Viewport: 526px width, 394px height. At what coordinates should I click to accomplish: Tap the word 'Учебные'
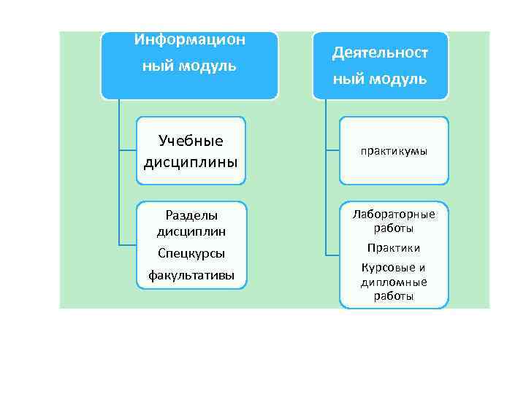(x=191, y=141)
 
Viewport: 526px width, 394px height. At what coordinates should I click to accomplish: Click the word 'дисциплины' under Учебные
(x=191, y=161)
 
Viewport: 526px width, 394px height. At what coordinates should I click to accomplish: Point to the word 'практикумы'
(x=394, y=151)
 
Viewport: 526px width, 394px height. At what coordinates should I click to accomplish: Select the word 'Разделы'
(x=191, y=215)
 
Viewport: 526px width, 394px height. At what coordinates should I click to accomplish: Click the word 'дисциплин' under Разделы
(x=191, y=232)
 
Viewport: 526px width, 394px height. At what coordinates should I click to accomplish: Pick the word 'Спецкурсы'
(x=191, y=253)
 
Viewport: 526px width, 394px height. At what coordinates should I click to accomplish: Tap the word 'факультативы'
(x=191, y=275)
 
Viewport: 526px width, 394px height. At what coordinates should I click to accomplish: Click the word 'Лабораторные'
(x=394, y=215)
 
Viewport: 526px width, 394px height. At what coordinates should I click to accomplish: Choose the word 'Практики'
(x=394, y=248)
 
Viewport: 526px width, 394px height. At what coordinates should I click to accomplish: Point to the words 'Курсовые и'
(x=394, y=268)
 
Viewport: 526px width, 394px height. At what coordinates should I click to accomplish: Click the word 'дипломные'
(x=394, y=282)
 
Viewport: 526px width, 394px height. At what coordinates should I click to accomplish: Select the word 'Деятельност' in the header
(x=380, y=53)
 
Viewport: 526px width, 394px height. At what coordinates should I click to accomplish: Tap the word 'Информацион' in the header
(x=190, y=39)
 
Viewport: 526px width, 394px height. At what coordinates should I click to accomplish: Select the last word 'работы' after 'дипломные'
(x=394, y=296)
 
